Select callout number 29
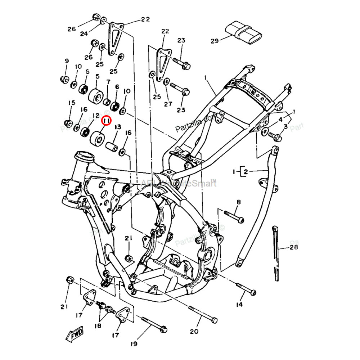click(215, 41)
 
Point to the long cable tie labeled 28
click(276, 252)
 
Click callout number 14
click(239, 305)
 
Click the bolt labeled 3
click(276, 137)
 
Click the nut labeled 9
click(64, 79)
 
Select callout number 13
click(118, 127)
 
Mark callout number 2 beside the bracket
click(246, 171)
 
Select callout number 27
click(168, 104)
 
